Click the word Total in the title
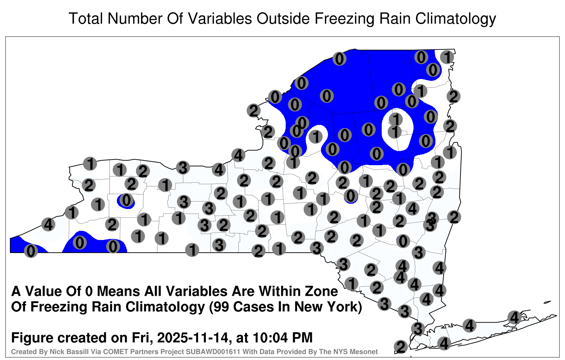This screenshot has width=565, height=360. coord(86,18)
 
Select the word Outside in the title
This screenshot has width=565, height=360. coord(283,18)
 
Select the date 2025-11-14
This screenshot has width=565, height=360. coord(192,337)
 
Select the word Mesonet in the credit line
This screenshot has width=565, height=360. coord(365,352)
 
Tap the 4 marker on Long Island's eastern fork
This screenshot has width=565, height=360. coord(514,317)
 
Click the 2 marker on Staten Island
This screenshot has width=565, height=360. coord(401,347)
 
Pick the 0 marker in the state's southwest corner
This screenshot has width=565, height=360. coord(31,251)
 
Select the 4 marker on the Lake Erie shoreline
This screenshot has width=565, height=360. coord(48,224)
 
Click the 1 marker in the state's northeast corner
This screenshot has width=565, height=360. coord(447,57)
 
